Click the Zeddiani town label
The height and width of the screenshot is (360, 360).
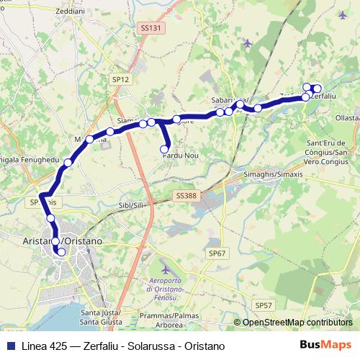click(x=30, y=12)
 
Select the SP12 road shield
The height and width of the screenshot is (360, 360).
click(x=120, y=79)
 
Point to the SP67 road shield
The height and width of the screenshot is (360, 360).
click(x=217, y=253)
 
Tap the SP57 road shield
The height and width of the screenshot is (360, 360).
click(x=264, y=306)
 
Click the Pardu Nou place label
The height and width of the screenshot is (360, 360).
click(x=180, y=156)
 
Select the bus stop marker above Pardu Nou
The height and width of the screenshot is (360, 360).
click(x=164, y=149)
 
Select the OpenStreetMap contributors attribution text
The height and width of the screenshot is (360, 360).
click(x=297, y=323)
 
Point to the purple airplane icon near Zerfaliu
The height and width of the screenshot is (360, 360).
click(x=342, y=14)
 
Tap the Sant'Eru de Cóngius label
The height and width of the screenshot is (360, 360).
click(x=328, y=147)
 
